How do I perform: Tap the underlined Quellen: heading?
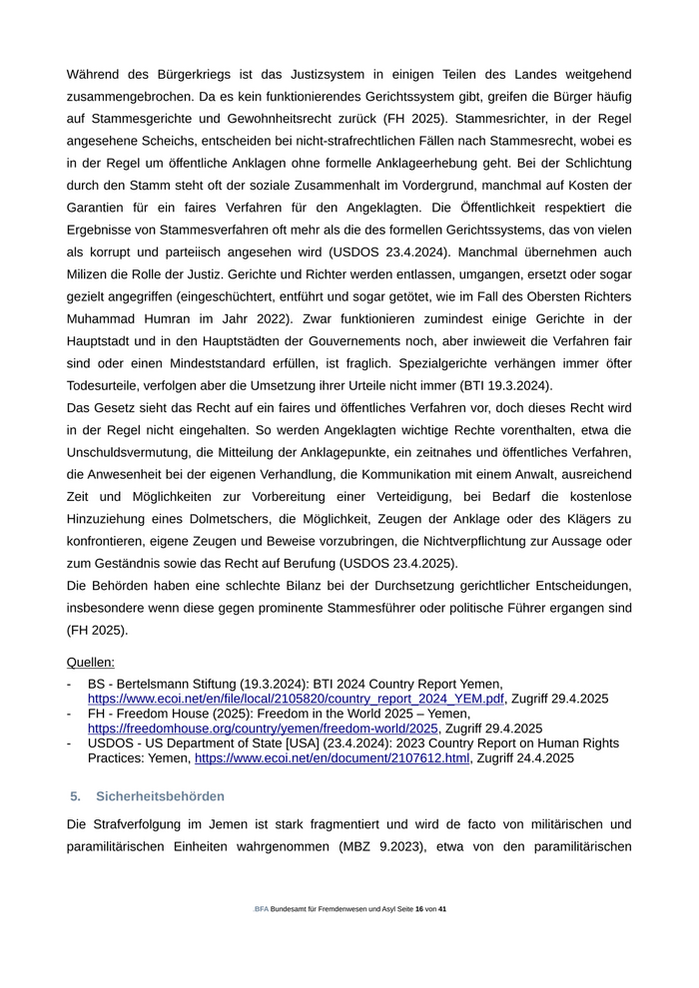click(x=91, y=662)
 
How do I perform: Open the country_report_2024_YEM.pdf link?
click(x=296, y=699)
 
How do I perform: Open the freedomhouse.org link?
click(x=263, y=729)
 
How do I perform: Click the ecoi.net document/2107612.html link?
click(x=332, y=758)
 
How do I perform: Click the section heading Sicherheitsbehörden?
click(x=160, y=796)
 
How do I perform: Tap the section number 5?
click(x=75, y=796)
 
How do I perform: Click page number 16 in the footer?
click(x=419, y=909)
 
